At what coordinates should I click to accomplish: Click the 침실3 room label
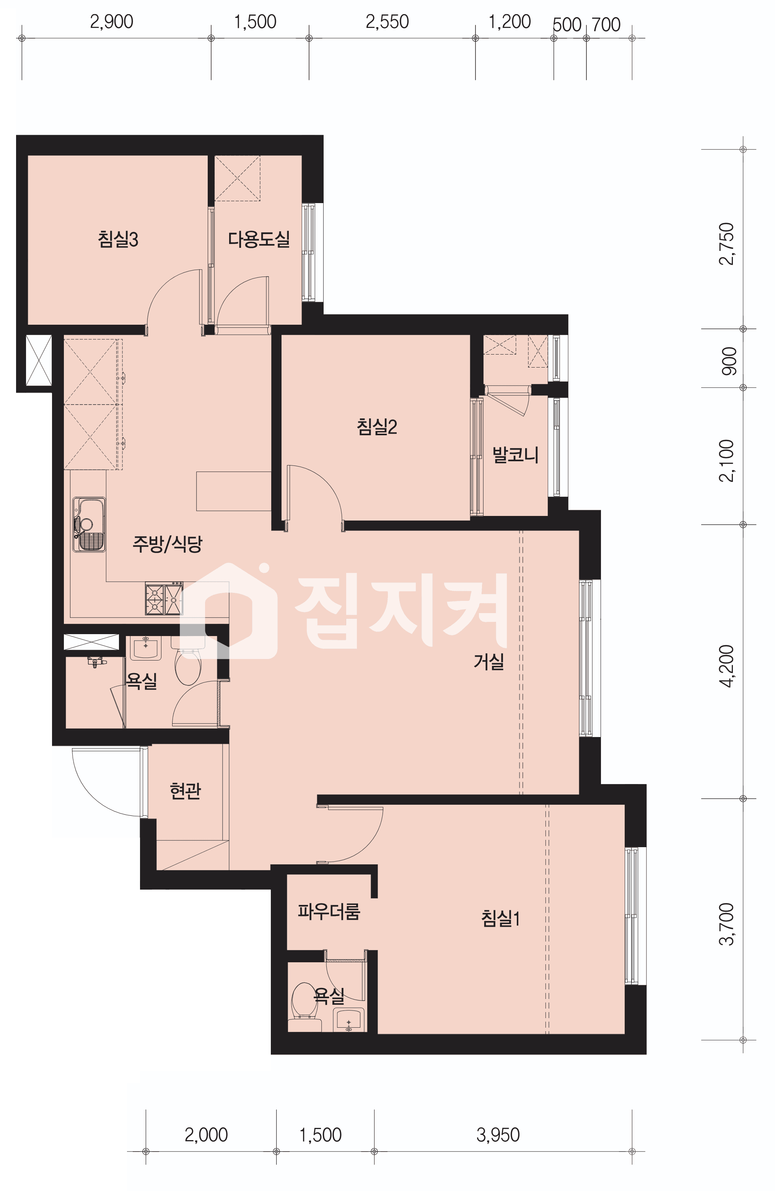(118, 239)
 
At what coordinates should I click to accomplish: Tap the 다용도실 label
(259, 239)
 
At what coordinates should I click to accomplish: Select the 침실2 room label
(377, 427)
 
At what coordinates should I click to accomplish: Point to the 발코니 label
(516, 455)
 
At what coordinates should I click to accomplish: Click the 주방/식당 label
(167, 543)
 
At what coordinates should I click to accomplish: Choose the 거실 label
(488, 662)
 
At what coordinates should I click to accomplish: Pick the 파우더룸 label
(329, 911)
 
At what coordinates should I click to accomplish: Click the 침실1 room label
(501, 918)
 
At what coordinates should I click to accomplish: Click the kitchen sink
(89, 524)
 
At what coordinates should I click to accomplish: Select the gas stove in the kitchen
(164, 598)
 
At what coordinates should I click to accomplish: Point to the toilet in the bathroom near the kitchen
(188, 661)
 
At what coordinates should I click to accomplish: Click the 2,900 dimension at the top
(112, 22)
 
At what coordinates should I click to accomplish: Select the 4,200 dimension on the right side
(726, 666)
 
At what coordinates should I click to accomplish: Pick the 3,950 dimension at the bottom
(498, 1135)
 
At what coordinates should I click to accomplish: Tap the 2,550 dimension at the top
(387, 22)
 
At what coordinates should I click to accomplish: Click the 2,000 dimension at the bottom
(206, 1135)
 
